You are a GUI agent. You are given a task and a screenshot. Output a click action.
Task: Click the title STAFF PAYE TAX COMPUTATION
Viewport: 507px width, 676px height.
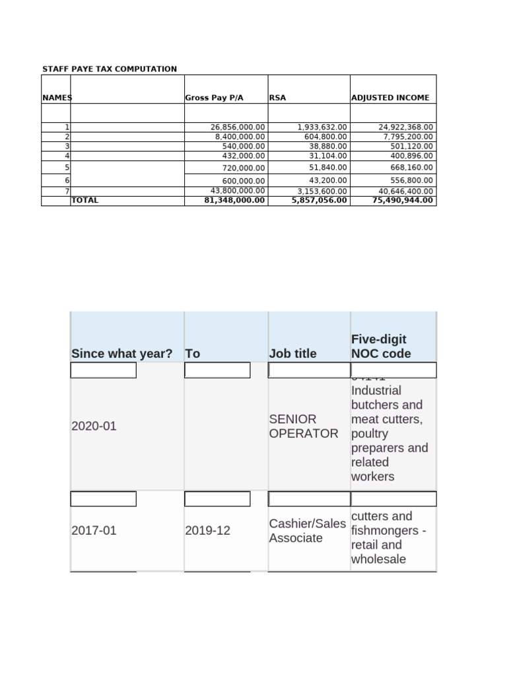coord(110,69)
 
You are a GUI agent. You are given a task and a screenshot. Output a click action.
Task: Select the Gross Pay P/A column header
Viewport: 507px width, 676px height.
coord(214,98)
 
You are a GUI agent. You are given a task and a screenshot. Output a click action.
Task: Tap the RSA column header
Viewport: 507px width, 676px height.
coord(277,98)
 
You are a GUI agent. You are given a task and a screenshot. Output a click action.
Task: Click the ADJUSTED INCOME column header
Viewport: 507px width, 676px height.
coord(390,98)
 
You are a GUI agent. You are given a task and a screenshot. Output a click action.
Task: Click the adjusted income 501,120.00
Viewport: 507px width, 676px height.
coord(411,146)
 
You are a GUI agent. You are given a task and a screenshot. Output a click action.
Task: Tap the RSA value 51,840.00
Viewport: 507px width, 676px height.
coord(328,168)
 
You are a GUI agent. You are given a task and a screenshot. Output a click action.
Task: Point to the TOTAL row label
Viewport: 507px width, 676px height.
coord(84,200)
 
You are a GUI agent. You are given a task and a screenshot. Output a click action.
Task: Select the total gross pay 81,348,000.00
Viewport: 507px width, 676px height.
coord(235,200)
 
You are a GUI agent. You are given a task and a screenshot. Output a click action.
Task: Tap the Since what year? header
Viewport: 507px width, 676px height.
coord(121,353)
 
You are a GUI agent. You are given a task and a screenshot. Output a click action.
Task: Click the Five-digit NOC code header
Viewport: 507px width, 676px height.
coord(381,347)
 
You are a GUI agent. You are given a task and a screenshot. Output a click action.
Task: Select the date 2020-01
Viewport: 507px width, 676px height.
coord(94,426)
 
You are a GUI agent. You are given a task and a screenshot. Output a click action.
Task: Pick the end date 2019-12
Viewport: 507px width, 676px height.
coord(208,530)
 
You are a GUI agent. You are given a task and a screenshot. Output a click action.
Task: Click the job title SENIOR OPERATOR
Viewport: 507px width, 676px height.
coord(304,426)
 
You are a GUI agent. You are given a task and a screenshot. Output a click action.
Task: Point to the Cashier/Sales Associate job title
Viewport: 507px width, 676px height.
coord(307,531)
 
